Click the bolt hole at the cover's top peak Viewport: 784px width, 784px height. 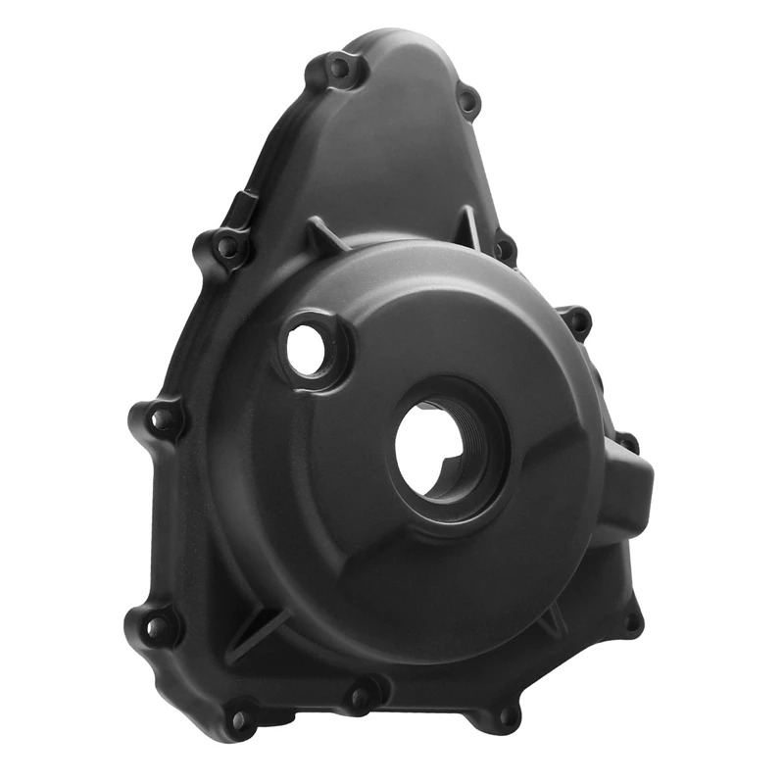point(338,69)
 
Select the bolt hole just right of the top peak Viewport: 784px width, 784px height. point(467,99)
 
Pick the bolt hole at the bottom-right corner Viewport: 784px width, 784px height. point(507,716)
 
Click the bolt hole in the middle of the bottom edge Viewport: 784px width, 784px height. point(360,698)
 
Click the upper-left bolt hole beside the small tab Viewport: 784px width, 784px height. point(227,246)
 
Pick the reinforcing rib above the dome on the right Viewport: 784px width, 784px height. point(469,224)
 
